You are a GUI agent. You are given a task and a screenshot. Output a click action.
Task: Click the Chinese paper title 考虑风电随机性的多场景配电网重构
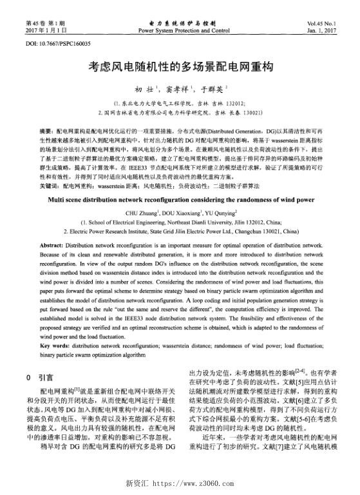pyautogui.click(x=180, y=66)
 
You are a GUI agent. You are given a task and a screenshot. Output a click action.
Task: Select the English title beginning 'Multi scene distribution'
pyautogui.click(x=180, y=182)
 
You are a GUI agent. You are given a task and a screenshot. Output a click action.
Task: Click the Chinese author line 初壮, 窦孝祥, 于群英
pyautogui.click(x=180, y=90)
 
